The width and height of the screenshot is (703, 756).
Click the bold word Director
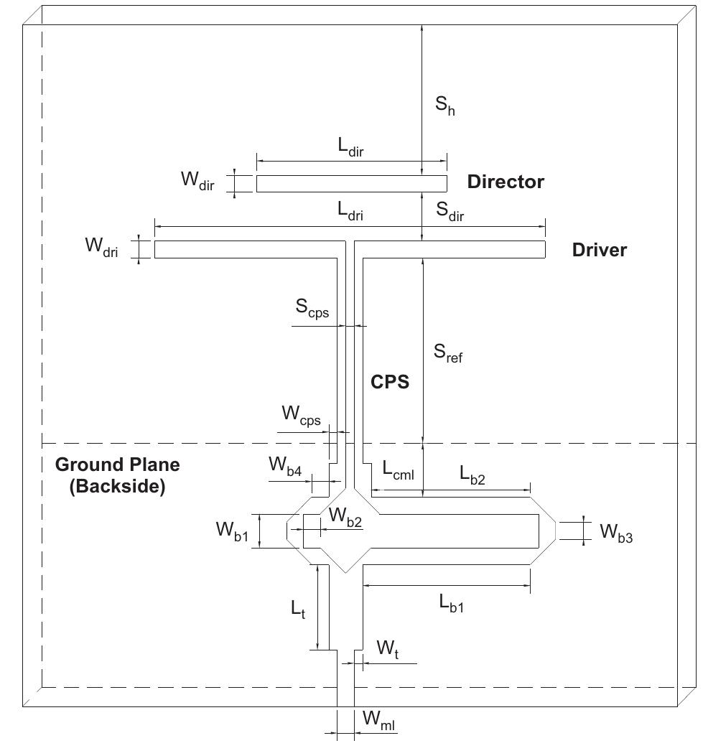coord(506,182)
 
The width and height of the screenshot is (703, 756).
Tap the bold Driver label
coord(599,250)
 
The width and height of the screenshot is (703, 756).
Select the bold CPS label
coord(390,382)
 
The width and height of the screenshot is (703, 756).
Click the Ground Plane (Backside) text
coord(118,475)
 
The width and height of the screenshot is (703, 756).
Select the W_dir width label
coord(197,180)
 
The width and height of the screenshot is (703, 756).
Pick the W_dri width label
coord(101,247)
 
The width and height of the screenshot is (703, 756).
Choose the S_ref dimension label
coord(448,353)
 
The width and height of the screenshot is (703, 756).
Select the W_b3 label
coord(616,532)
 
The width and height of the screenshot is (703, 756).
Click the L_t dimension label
coord(298,610)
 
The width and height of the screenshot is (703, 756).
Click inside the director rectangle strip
coord(351,184)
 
